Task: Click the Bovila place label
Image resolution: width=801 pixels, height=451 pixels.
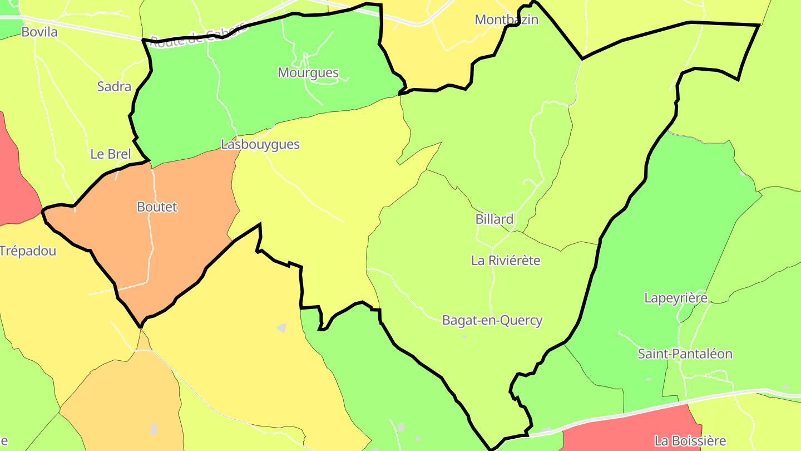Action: coord(39,32)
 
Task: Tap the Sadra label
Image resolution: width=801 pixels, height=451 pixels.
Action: coord(114,86)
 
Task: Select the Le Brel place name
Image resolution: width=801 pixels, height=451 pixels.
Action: coord(110,154)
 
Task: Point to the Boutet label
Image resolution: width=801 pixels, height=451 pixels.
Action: coord(157,207)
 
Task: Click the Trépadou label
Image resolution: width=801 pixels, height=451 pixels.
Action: coord(28,251)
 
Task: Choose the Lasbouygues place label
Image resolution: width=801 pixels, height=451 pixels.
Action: coord(260,145)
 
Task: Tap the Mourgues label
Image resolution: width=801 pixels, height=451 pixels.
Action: coord(308,73)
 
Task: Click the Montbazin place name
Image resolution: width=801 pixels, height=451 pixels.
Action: coord(506,20)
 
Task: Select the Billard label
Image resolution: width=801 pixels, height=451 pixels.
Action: coord(495,219)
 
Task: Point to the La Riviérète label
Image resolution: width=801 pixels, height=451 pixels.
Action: coord(506,261)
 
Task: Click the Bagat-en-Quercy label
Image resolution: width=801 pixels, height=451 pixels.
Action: coord(492,321)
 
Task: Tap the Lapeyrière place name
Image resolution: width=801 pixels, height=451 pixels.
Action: coord(676,298)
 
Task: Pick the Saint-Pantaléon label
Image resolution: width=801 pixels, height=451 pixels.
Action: coord(685,354)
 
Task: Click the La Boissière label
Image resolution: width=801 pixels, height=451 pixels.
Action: coord(690,441)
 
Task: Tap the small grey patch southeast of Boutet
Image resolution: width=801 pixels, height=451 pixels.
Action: coord(282,328)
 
